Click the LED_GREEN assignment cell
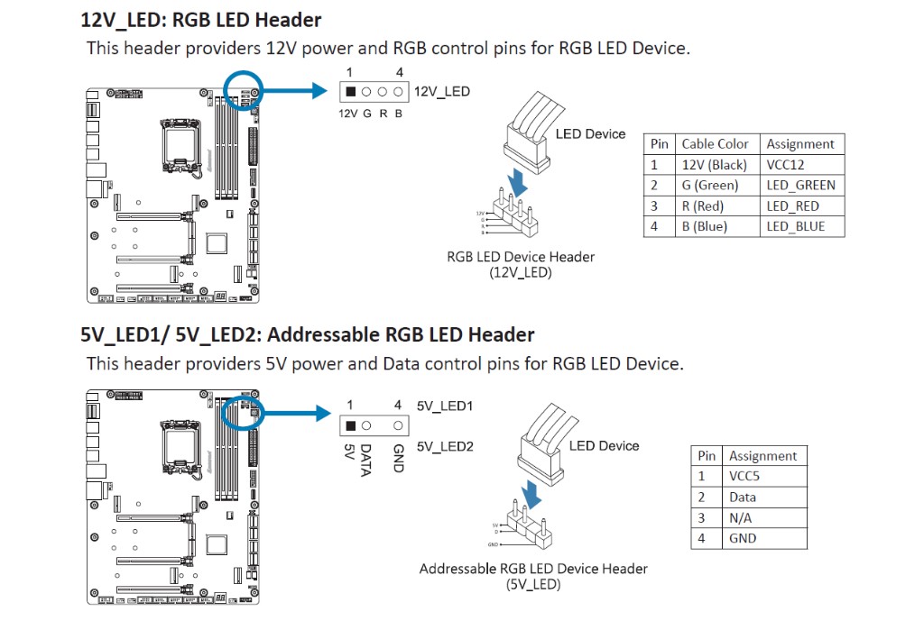(800, 185)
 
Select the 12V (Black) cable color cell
(714, 165)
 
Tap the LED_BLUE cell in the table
(795, 226)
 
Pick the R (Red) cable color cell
(709, 205)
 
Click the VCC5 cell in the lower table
(744, 476)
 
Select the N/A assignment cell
(740, 517)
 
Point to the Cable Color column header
(715, 144)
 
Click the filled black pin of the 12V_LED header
(350, 92)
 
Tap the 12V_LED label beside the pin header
(442, 92)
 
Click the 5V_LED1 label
(445, 406)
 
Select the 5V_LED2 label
(445, 446)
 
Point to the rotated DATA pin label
(365, 460)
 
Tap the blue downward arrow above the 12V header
(518, 184)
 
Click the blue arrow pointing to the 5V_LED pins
(533, 492)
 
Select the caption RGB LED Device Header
(521, 257)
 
